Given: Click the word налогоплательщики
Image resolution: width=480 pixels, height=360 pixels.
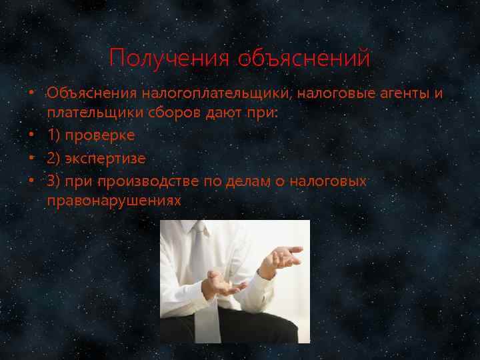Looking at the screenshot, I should [216, 93].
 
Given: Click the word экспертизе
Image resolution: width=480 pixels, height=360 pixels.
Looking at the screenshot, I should [109, 159].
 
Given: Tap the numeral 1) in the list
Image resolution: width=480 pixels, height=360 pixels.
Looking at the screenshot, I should [55, 135].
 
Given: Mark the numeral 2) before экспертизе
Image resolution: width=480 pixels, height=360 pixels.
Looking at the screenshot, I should [55, 159].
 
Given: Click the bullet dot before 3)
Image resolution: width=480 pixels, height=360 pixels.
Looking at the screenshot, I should [32, 181].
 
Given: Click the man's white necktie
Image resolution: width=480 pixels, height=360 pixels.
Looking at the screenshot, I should [202, 280].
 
